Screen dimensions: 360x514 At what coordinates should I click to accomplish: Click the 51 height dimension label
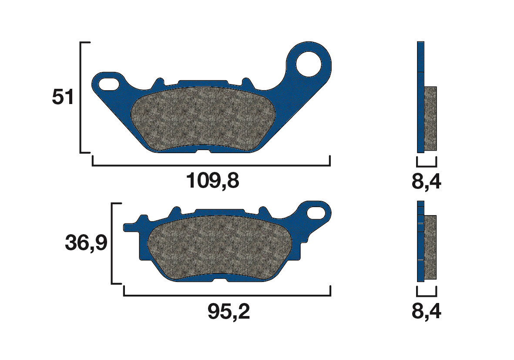coord(63,98)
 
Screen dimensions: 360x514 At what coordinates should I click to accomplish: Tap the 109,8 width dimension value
coord(212,181)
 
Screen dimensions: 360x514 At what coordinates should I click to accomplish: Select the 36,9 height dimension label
coord(86,244)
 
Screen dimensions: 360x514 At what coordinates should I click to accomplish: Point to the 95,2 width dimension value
coord(228,312)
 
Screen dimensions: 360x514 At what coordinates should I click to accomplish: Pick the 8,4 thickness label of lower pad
coord(426,312)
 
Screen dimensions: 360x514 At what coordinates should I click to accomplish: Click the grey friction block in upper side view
coord(430,118)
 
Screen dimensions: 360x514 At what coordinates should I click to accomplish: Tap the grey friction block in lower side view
coord(430,247)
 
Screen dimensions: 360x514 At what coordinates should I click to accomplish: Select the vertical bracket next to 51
coord(81,98)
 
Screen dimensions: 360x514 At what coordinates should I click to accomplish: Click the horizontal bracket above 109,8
coord(211,165)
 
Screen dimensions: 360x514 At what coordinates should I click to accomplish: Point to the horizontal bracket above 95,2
coord(227,296)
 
